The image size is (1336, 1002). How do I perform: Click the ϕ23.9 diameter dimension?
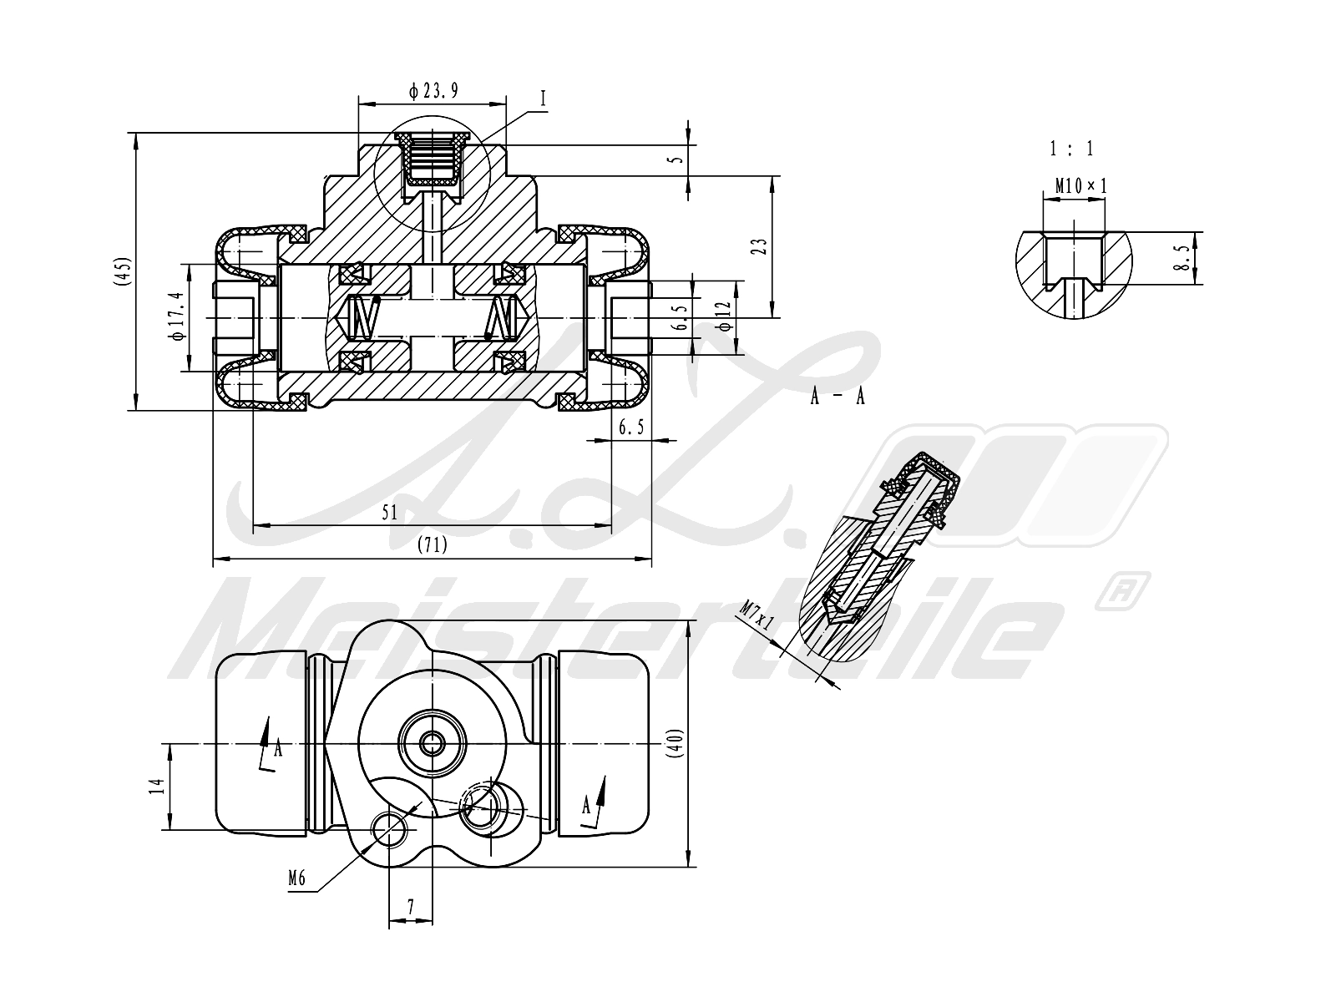pyautogui.click(x=433, y=91)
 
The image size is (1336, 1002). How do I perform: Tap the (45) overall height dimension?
pyautogui.click(x=123, y=271)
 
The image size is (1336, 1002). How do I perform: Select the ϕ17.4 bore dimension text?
pyautogui.click(x=178, y=316)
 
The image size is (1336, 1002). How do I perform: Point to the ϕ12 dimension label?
pyautogui.click(x=724, y=316)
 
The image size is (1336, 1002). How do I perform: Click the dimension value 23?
pyautogui.click(x=760, y=246)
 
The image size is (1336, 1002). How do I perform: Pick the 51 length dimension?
pyautogui.click(x=390, y=513)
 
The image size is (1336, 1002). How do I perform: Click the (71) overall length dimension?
pyautogui.click(x=433, y=544)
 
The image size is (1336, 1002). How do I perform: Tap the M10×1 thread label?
pyautogui.click(x=1081, y=185)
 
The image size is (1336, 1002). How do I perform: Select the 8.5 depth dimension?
pyautogui.click(x=1182, y=257)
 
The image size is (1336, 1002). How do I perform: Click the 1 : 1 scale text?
pyautogui.click(x=1072, y=149)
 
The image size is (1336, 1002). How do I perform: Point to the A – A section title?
pyautogui.click(x=838, y=397)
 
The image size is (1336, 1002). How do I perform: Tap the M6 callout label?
pyautogui.click(x=296, y=878)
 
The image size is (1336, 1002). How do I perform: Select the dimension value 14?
pyautogui.click(x=157, y=786)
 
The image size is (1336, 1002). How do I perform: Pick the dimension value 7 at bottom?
pyautogui.click(x=411, y=907)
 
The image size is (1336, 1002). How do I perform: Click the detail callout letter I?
pyautogui.click(x=544, y=99)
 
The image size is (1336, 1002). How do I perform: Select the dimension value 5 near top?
pyautogui.click(x=677, y=160)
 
